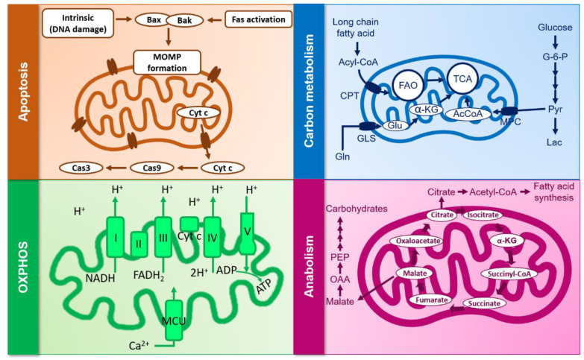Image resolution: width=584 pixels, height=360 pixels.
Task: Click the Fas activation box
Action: (259, 19)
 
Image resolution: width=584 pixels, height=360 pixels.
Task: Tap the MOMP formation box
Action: (167, 63)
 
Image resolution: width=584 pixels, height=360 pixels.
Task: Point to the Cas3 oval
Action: (81, 168)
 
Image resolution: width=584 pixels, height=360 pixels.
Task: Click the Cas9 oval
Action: (151, 168)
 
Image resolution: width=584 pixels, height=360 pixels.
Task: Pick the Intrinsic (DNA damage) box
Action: (78, 23)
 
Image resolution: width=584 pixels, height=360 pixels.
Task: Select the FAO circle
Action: (408, 85)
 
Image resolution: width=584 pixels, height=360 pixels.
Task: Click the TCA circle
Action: (462, 78)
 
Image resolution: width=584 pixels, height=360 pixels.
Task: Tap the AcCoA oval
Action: (468, 114)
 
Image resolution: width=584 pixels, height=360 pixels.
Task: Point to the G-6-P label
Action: (555, 57)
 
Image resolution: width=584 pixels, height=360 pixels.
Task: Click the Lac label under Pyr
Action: (554, 142)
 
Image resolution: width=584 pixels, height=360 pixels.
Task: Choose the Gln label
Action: (342, 157)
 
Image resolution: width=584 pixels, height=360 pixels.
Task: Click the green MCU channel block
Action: (174, 320)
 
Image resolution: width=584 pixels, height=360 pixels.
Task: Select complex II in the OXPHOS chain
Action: (139, 244)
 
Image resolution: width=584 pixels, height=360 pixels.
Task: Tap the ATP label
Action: (264, 286)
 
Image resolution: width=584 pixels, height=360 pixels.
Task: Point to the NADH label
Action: (100, 278)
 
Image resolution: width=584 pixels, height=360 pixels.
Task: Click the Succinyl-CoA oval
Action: (509, 274)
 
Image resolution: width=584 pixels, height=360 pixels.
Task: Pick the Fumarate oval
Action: (432, 300)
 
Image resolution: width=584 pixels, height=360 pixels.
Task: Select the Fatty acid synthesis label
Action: (553, 192)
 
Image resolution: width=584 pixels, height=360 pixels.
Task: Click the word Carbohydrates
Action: (357, 209)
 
